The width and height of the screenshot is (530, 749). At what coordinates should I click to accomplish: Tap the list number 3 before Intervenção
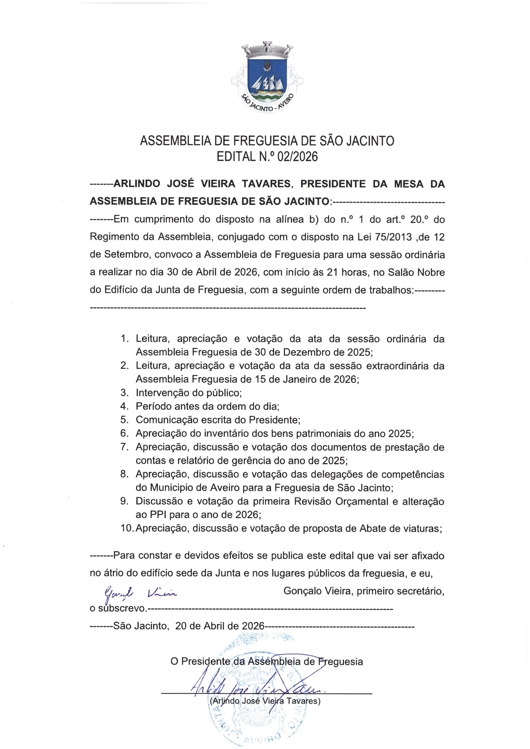click(125, 393)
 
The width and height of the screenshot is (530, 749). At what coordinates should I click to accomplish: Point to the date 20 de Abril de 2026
click(219, 626)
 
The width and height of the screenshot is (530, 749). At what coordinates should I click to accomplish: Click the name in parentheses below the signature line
click(265, 701)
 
